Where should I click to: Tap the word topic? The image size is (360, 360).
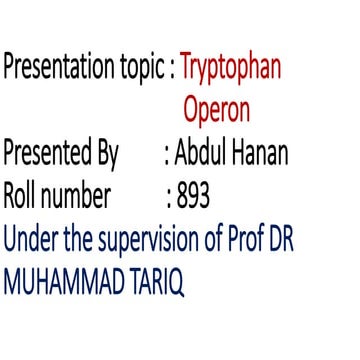coord(139,70)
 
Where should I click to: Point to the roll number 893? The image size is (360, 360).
coord(193,197)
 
